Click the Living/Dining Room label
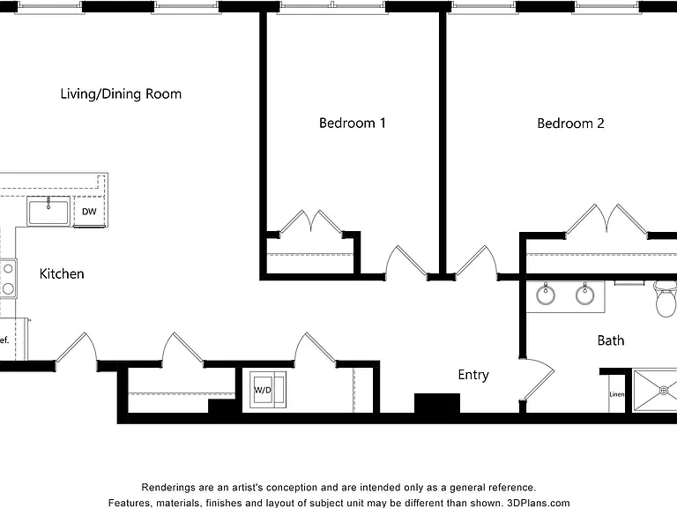coord(121,94)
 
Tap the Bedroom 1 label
coord(353,123)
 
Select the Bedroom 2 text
coord(570,123)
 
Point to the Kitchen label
coord(62,274)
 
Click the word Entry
coord(473,375)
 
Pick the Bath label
coord(611,340)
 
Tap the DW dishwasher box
coord(89,212)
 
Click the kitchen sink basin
coord(48,212)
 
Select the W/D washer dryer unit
coord(268,390)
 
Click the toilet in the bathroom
coord(666,298)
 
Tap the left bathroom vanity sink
coord(546,295)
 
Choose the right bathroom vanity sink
coord(585,295)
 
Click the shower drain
coord(664,391)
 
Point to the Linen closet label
coord(616,394)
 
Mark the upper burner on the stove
coord(8,269)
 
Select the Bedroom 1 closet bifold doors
coord(311,222)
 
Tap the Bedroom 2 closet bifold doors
coord(606,219)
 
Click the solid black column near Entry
coord(437,403)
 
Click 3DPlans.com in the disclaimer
coord(539,503)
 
